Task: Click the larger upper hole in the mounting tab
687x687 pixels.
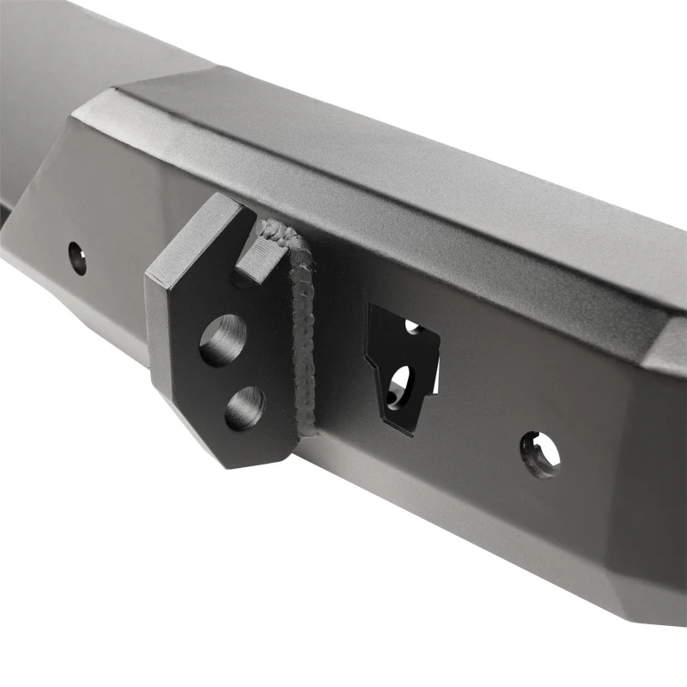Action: click(x=222, y=340)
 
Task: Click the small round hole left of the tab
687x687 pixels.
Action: click(x=77, y=258)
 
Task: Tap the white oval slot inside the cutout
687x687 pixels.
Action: click(x=400, y=383)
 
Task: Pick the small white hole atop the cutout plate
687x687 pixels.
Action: click(x=413, y=326)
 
